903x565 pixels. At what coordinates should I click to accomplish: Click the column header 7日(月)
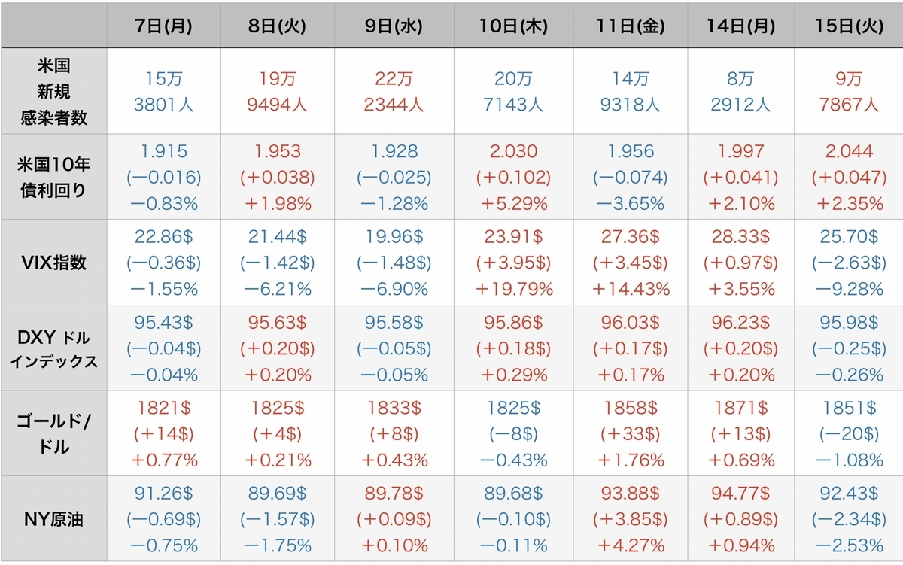pos(163,26)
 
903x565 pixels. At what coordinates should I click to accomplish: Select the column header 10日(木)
pos(513,26)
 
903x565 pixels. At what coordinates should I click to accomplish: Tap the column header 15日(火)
pos(849,26)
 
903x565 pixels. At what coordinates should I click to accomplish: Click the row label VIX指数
pos(53,263)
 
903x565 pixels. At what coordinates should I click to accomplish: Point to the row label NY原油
pos(53,519)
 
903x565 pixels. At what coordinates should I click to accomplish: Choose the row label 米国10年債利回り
pos(53,178)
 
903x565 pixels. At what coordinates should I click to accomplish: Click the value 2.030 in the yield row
pos(513,151)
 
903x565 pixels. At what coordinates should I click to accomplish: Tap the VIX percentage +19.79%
pos(513,289)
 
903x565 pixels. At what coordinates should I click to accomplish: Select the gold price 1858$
pos(630,409)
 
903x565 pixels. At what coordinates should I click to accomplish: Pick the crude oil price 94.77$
pos(740,494)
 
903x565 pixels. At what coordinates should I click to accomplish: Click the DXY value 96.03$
pos(630,323)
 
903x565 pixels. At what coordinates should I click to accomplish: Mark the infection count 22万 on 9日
pos(394,78)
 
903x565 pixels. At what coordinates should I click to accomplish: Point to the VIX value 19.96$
pos(394,236)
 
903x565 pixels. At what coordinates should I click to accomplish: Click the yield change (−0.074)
pos(630,178)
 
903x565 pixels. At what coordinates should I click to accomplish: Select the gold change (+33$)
pos(630,434)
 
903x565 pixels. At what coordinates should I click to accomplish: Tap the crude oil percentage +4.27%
pos(630,545)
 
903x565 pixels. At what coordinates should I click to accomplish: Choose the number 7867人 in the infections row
pos(849,105)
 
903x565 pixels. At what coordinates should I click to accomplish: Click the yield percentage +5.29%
pos(513,204)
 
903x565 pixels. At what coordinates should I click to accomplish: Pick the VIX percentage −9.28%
pos(849,289)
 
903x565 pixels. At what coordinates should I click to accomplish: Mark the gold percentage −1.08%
pos(849,460)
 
